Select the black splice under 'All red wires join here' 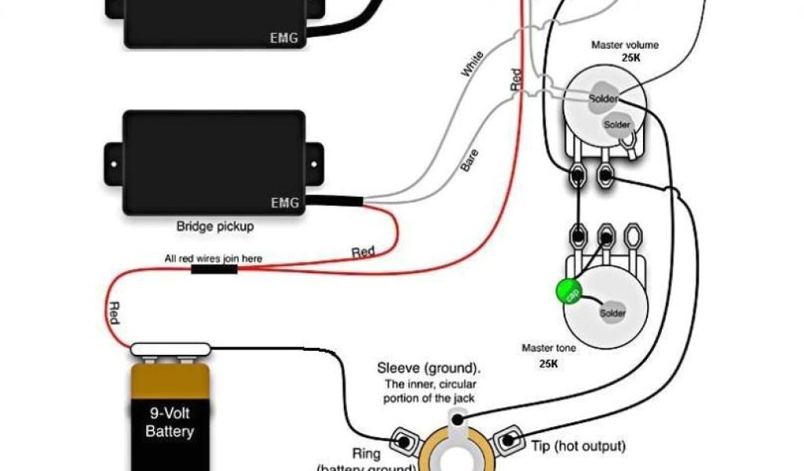(x=214, y=269)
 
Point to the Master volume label (x=625, y=45)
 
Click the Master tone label (x=546, y=348)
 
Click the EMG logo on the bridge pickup (x=284, y=203)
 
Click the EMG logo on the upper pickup (x=284, y=37)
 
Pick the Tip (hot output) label (x=578, y=447)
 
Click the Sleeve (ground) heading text (x=429, y=368)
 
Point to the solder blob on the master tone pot (x=612, y=313)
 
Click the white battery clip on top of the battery (x=171, y=349)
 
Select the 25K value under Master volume (x=625, y=58)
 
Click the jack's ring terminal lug (x=405, y=441)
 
